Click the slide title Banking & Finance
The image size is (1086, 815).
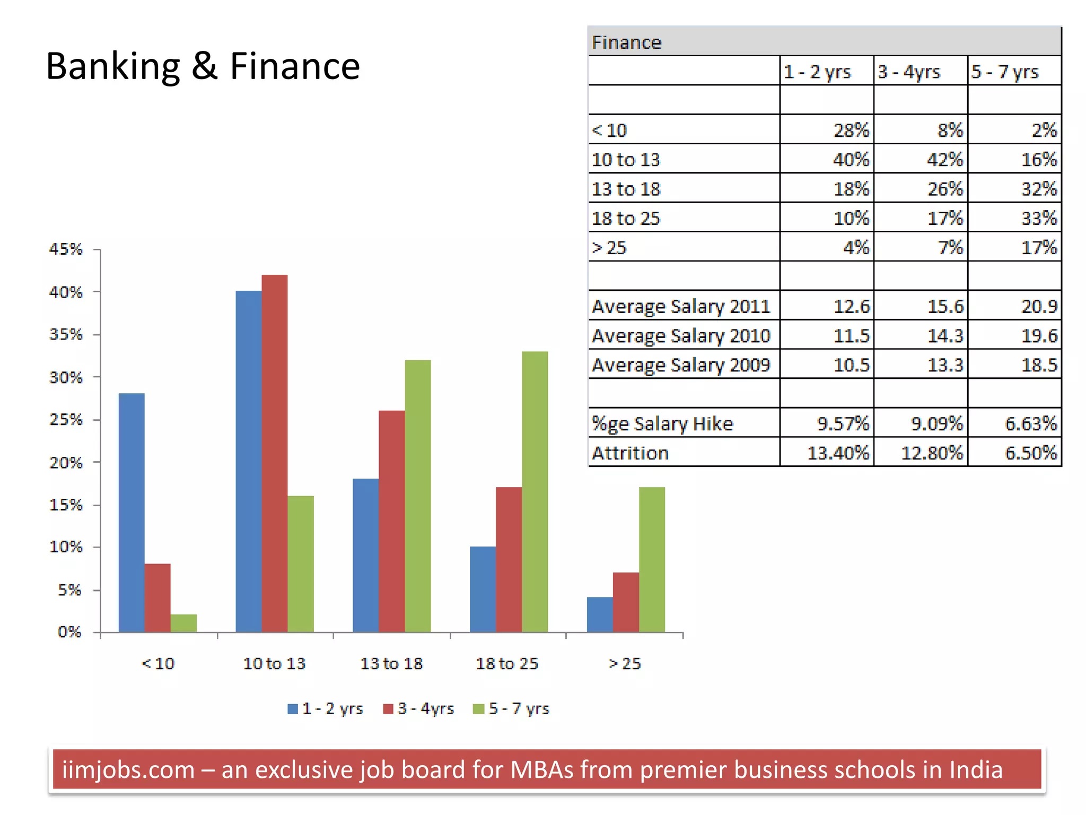tap(203, 66)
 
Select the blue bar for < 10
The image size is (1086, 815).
tap(131, 512)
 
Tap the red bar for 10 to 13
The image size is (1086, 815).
tap(274, 453)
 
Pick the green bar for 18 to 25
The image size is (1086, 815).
tap(535, 491)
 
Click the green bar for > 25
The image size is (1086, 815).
tap(652, 559)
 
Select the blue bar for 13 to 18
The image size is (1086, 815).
tap(365, 555)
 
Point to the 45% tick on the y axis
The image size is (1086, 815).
tap(66, 249)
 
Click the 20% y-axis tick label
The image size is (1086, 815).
tap(66, 463)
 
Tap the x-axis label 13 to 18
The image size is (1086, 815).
tap(391, 663)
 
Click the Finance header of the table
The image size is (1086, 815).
tap(626, 42)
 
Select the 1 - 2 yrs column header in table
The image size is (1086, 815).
tap(817, 72)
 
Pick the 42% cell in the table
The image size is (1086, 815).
tap(944, 159)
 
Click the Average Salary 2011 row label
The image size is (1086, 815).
tap(680, 306)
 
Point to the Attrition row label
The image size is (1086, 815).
tap(630, 453)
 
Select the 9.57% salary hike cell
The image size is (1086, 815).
tap(843, 423)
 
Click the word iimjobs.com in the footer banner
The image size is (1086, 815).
tap(128, 769)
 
